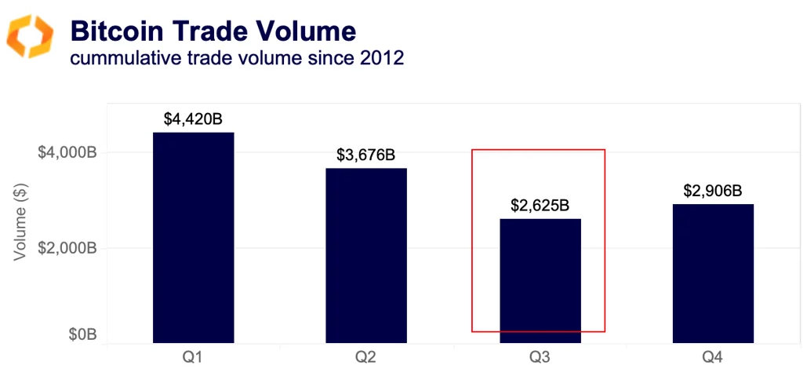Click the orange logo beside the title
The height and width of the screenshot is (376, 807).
(30, 36)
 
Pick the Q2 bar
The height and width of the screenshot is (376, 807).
(366, 255)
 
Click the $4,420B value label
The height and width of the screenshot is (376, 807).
(193, 119)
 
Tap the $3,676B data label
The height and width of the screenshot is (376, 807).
(366, 155)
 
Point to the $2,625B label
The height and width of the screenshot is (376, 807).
(540, 206)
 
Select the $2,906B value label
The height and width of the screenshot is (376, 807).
(713, 191)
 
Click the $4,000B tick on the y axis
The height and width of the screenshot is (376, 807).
(67, 152)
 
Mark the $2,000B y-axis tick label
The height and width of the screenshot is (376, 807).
(67, 248)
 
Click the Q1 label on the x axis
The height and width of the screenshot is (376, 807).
(193, 358)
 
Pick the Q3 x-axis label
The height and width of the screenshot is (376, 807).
(540, 358)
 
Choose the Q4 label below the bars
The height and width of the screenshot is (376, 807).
(713, 358)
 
